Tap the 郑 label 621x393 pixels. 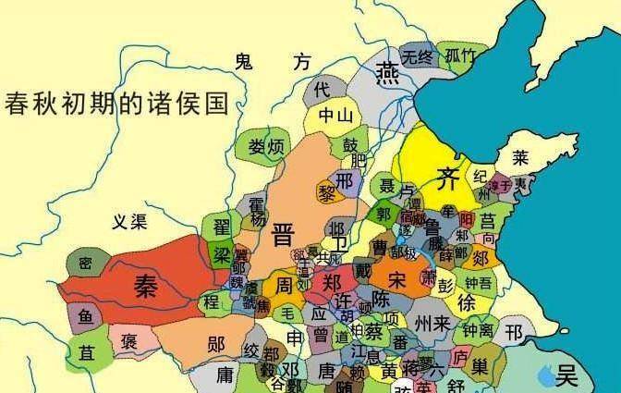[332, 281]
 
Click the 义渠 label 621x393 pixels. [129, 222]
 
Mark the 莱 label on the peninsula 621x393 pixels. [521, 158]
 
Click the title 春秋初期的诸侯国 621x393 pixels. [116, 102]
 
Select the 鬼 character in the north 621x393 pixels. [243, 62]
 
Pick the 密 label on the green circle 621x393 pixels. [85, 264]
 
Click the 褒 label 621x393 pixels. [129, 341]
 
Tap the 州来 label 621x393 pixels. [432, 324]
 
